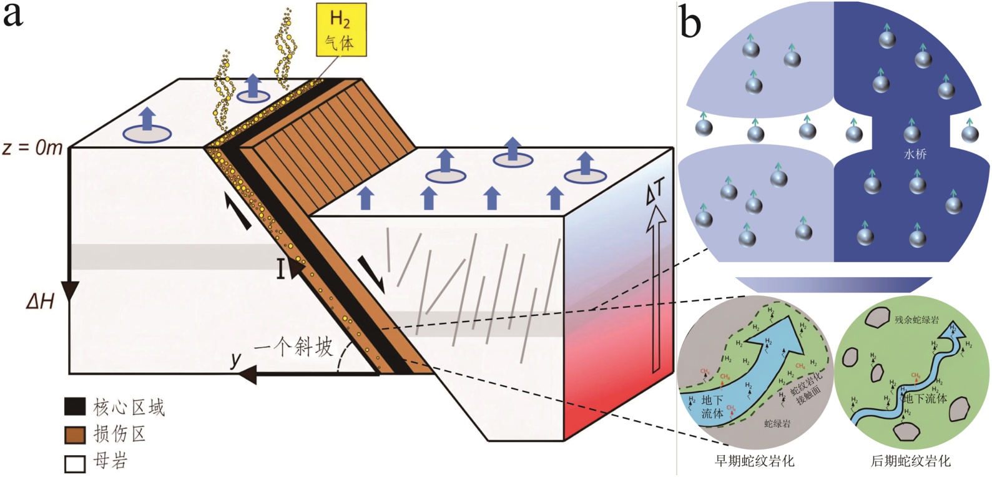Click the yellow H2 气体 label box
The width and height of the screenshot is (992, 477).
click(340, 29)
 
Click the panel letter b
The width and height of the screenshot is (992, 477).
click(690, 24)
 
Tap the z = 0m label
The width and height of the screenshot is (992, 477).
click(33, 149)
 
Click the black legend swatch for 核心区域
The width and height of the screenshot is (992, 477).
click(75, 406)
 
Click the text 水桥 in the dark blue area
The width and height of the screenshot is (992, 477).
click(915, 154)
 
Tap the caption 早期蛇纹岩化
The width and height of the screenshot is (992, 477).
click(755, 461)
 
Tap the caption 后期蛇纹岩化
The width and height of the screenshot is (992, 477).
click(911, 461)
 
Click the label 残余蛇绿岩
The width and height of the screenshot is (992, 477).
click(916, 320)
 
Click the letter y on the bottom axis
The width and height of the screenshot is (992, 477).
click(235, 359)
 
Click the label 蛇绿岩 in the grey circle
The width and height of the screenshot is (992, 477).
click(777, 423)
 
